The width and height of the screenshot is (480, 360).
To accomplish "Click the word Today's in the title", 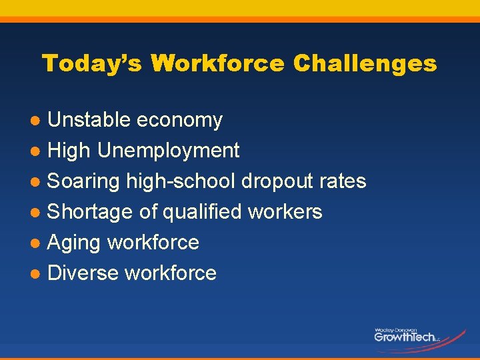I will (x=93, y=64).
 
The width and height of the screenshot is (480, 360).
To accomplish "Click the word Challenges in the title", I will (x=365, y=64).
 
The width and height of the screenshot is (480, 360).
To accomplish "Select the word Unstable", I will (x=89, y=120).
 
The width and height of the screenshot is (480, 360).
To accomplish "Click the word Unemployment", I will (x=168, y=151).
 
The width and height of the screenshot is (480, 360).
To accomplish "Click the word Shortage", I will (x=91, y=212).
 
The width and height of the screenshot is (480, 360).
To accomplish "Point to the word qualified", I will (x=203, y=212).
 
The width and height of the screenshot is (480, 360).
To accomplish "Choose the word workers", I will (x=285, y=212).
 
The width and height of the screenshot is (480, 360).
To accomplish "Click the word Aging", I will (x=74, y=243).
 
